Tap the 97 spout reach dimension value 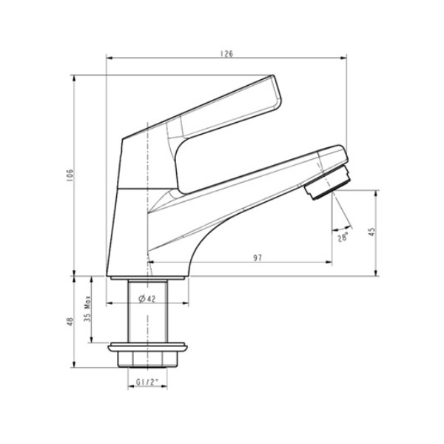click(x=258, y=257)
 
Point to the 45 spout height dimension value click(x=372, y=232)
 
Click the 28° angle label click(x=343, y=238)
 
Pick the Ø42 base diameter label click(x=147, y=298)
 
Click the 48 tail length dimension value click(x=70, y=321)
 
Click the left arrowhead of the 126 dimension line click(x=110, y=58)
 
